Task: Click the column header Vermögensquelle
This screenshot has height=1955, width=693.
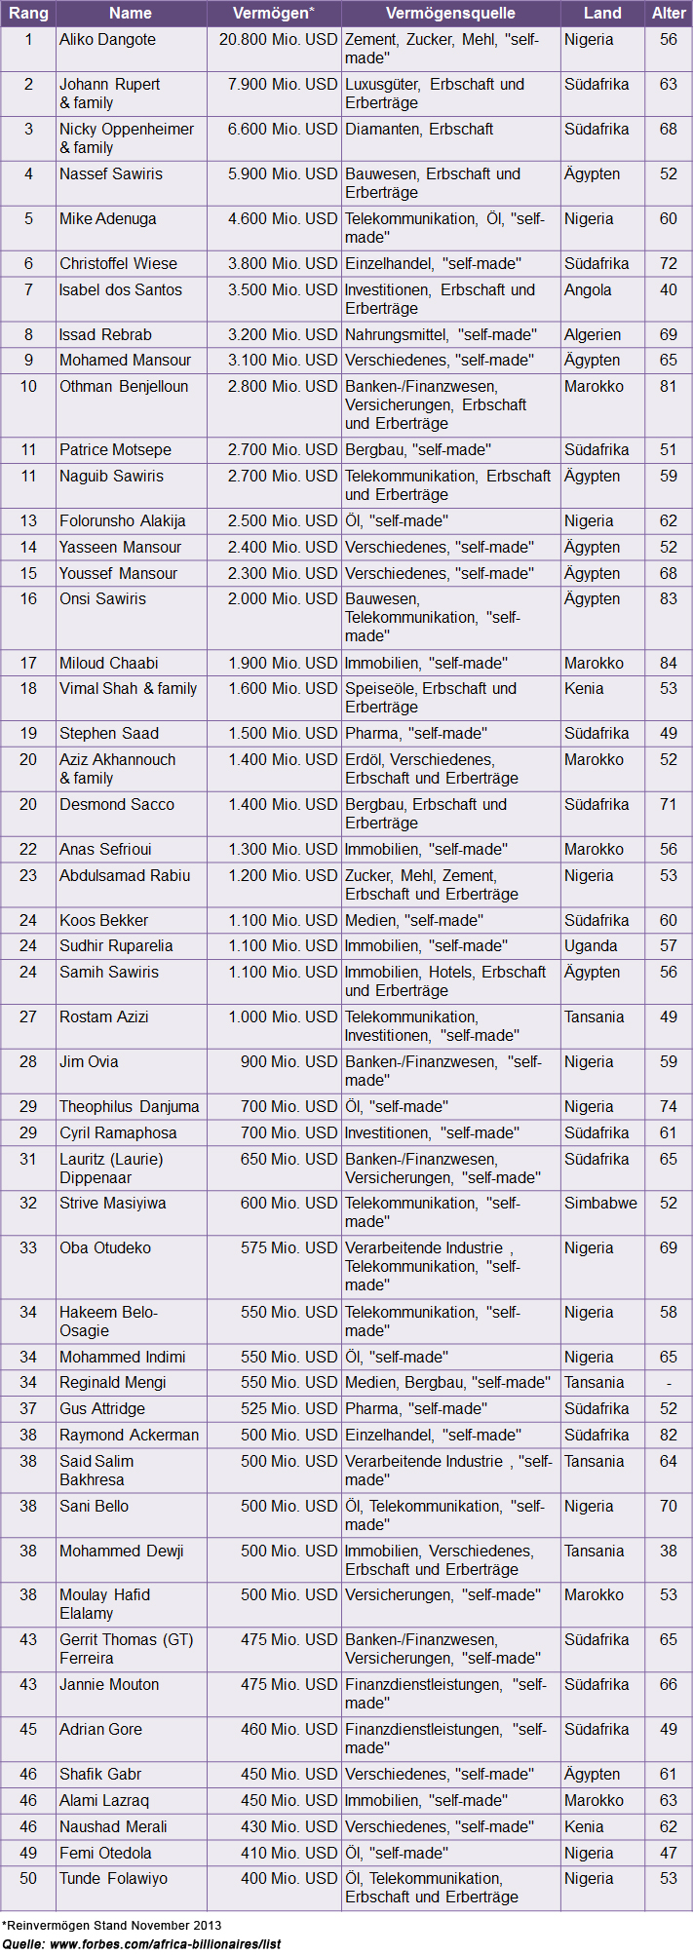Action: point(450,14)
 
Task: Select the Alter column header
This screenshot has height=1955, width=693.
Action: point(669,14)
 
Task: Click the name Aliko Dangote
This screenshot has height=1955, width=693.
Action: point(107,40)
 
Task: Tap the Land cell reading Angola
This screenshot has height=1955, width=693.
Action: point(588,289)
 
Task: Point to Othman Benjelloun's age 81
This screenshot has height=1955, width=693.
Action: point(668,386)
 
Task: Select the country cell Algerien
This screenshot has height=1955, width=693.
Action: point(593,334)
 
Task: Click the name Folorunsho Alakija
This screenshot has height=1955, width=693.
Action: point(122,520)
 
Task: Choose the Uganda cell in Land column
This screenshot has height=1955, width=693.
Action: point(591,945)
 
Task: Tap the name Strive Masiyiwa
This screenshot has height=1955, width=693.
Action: point(112,1203)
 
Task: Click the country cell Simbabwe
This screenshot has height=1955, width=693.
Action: point(600,1203)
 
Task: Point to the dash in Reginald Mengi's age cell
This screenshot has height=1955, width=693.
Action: point(668,1382)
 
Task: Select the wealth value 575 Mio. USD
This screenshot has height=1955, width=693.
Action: point(289,1247)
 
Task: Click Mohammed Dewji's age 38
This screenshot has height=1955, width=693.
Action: point(668,1551)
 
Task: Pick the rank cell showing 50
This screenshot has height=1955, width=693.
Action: point(28,1878)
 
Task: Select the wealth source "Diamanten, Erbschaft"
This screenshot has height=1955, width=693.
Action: point(419,129)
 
